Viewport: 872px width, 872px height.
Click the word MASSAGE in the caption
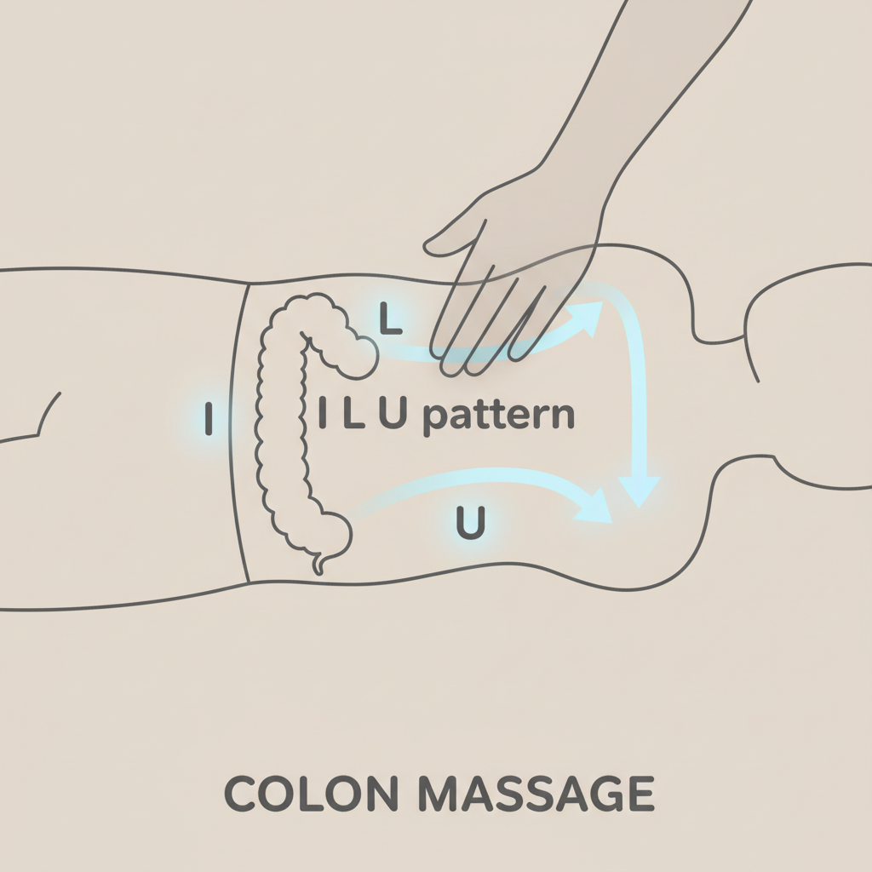pyautogui.click(x=537, y=795)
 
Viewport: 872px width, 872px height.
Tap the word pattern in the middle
pyautogui.click(x=498, y=416)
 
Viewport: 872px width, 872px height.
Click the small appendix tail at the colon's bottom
pyautogui.click(x=319, y=563)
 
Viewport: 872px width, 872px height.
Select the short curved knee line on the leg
pyautogui.click(x=49, y=413)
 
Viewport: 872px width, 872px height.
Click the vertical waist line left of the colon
pyautogui.click(x=239, y=426)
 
